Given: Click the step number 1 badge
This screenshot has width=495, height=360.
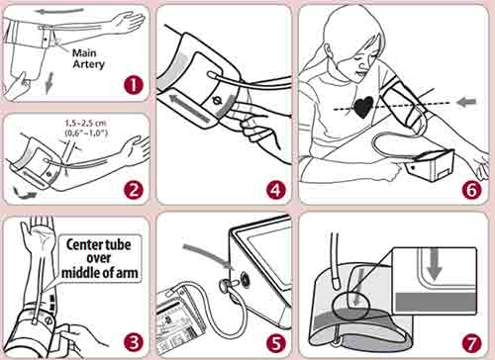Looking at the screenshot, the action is (x=134, y=85).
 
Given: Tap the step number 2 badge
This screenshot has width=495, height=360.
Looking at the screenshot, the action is (x=134, y=190).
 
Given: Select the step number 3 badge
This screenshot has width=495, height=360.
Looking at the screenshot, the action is (x=134, y=342).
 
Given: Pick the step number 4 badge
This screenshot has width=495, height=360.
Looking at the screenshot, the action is (x=275, y=190).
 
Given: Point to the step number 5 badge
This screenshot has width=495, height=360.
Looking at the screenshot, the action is (x=275, y=342).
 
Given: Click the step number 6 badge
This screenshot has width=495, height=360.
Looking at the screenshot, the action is (x=471, y=190).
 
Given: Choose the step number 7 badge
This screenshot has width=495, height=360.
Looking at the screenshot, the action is (x=471, y=342).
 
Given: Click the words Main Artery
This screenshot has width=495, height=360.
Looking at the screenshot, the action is (x=88, y=58).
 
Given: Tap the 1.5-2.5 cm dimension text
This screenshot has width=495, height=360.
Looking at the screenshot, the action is (x=86, y=124).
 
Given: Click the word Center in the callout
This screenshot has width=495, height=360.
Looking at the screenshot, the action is (x=81, y=245).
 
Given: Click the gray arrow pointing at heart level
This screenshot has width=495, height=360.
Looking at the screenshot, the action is (x=467, y=102).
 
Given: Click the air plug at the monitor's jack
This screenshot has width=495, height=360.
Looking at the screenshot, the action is (x=228, y=285).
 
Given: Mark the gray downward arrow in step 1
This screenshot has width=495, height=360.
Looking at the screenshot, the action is (x=49, y=83).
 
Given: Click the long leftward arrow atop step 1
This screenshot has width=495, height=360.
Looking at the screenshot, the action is (x=59, y=12).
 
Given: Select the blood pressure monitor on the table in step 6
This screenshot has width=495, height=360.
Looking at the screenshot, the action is (x=430, y=166).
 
